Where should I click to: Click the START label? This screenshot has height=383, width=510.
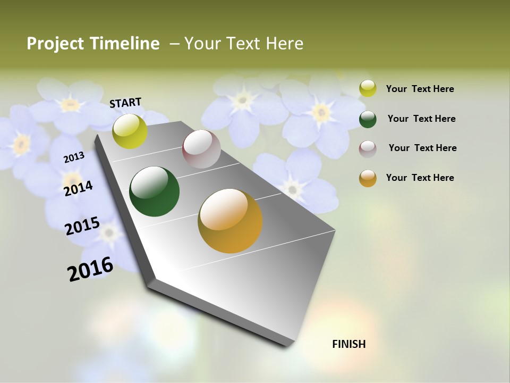coord(125,102)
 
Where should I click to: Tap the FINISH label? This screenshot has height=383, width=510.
coord(348,344)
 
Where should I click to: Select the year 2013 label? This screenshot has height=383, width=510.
coord(74,157)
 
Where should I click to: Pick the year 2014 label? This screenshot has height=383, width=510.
coord(78,188)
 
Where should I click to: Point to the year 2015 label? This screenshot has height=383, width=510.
coord(82,226)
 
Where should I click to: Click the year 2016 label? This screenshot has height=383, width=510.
coord(90,269)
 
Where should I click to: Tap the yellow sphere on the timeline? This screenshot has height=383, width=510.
coord(130,131)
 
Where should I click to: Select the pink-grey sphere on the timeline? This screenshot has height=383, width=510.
coord(201,149)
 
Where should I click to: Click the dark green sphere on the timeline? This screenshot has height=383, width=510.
coord(154,191)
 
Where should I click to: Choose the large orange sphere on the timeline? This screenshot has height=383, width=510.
coord(230,221)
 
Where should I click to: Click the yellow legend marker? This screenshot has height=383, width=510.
coord(368,88)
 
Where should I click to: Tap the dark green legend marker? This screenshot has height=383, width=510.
coord(368,119)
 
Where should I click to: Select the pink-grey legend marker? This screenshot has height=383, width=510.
coord(368,148)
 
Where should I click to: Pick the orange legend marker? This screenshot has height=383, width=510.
coord(368,178)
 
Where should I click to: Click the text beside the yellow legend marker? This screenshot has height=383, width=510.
coord(420,89)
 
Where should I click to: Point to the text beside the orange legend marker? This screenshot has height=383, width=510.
coord(420,178)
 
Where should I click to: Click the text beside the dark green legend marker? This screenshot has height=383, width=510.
coord(421,119)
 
